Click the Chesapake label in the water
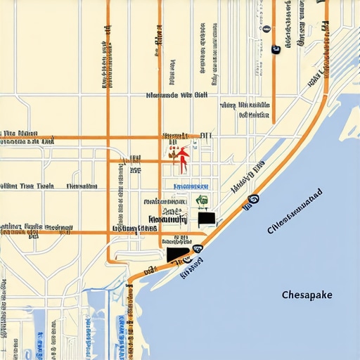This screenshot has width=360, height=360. click(x=306, y=295)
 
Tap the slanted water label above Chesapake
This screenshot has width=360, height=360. click(x=295, y=210)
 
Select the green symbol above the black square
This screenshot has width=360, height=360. click(x=201, y=201)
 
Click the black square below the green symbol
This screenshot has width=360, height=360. click(x=206, y=219)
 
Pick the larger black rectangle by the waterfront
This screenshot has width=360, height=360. click(x=178, y=255)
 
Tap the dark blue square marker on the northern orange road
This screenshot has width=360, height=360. click(x=275, y=49)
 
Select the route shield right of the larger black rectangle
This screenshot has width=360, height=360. click(x=198, y=248)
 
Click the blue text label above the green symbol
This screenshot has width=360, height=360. click(x=188, y=186)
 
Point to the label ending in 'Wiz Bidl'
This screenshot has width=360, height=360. click(x=176, y=94)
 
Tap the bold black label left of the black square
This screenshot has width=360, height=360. click(x=166, y=219)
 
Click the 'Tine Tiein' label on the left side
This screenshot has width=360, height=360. click(x=28, y=186)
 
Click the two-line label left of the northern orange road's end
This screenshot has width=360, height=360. click(x=244, y=110)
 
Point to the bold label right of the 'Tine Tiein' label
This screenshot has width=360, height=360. click(x=82, y=186)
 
